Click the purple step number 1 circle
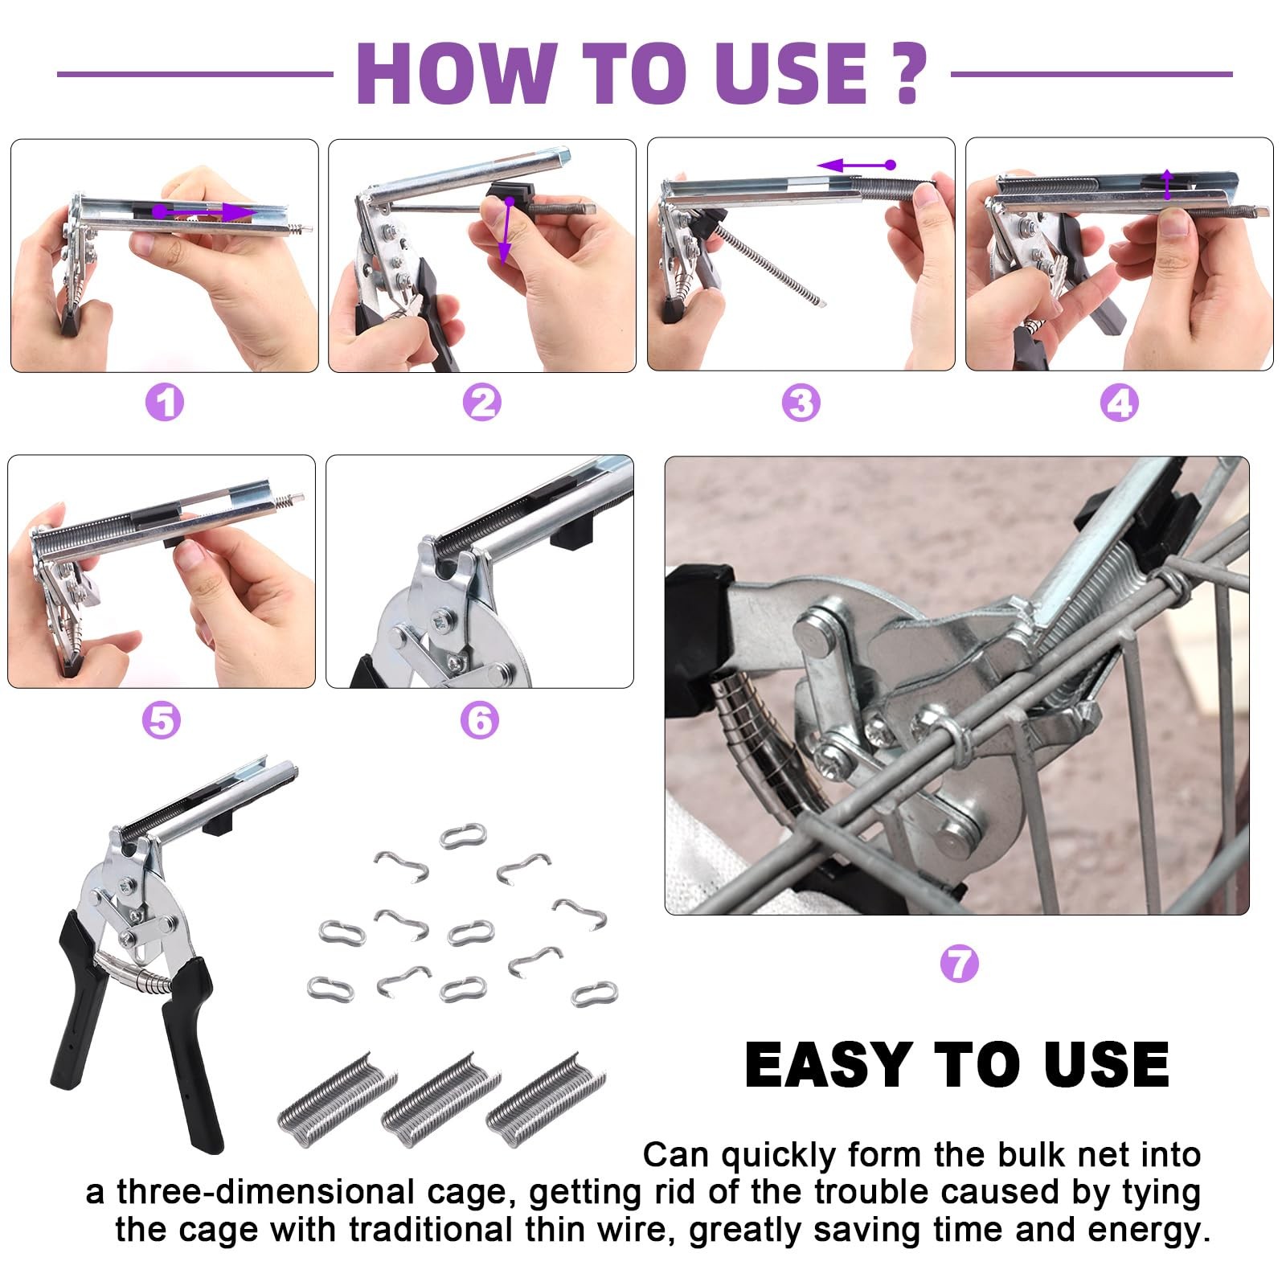(165, 402)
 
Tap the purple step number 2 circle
(482, 402)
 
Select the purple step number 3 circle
(801, 402)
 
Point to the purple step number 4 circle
(1120, 402)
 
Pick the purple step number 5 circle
(162, 720)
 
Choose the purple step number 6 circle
(480, 720)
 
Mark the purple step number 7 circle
(959, 962)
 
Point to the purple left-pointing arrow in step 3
(857, 165)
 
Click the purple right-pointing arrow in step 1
(204, 211)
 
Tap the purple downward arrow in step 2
(506, 233)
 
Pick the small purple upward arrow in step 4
(1168, 184)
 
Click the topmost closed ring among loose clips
(464, 836)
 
